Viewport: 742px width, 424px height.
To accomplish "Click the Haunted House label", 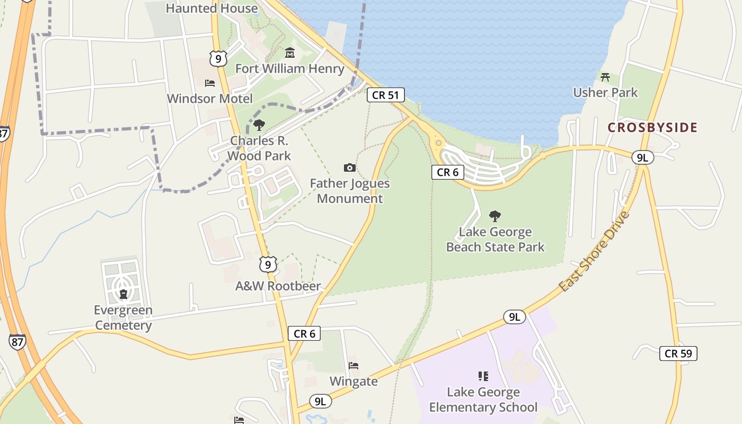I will (212, 8).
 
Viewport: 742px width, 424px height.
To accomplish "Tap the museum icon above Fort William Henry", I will (290, 53).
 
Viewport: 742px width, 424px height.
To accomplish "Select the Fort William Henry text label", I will (290, 68).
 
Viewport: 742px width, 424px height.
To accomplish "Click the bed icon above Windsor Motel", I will (210, 83).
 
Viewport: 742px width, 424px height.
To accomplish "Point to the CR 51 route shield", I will (385, 95).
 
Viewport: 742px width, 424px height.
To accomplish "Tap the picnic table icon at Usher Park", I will (605, 77).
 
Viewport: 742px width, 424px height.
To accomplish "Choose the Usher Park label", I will (605, 92).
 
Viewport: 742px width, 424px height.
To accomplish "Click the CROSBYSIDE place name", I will (652, 127).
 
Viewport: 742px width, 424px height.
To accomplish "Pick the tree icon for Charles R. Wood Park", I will (259, 125).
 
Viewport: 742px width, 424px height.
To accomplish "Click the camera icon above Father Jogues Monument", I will (349, 168).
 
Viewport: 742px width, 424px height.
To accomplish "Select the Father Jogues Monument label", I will (350, 191).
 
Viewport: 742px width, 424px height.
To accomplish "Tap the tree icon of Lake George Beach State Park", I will (495, 216).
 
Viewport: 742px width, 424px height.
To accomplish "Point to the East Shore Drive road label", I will (594, 251).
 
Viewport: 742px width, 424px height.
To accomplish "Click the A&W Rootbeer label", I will (278, 286).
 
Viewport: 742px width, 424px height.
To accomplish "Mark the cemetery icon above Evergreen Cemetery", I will (123, 294).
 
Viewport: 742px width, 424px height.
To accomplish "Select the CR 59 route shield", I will (678, 354).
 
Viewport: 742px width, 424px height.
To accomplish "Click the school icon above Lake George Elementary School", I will (483, 376).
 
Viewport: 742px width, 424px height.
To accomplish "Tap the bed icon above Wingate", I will (354, 366).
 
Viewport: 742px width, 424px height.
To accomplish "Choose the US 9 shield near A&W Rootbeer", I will (268, 264).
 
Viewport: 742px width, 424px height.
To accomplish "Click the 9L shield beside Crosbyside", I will (642, 157).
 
